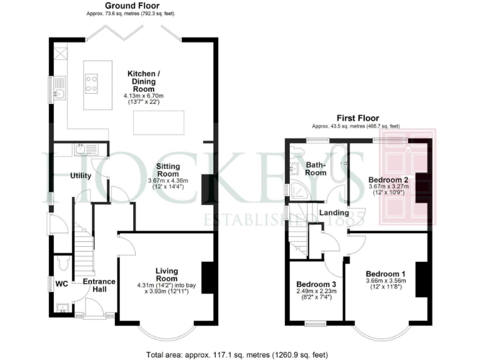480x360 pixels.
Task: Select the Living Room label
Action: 167,274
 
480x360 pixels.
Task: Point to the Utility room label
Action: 81,176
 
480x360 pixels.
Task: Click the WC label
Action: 62,284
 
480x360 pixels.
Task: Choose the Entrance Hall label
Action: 99,286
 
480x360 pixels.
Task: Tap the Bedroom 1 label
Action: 386,274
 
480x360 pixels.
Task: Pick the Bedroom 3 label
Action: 316,282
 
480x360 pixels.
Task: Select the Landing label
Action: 334,213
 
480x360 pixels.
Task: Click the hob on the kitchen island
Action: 91,83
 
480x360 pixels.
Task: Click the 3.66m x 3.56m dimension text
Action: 386,282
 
